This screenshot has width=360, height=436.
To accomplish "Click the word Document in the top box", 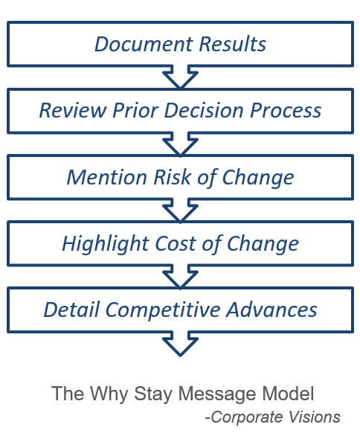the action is [144, 44].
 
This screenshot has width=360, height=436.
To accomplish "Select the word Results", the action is [232, 44].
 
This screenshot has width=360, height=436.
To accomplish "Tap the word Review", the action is [73, 110].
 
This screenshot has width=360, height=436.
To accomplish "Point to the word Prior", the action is [135, 110].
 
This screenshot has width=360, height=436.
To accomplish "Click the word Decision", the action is [204, 110].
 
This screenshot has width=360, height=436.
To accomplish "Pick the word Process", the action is [286, 110].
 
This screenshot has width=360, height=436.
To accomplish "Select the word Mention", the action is [107, 177].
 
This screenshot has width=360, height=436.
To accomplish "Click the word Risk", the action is [172, 177].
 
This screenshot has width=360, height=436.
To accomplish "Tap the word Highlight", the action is [106, 244].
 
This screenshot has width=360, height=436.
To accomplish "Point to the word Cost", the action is [176, 244].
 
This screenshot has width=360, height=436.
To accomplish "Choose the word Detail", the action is [71, 310].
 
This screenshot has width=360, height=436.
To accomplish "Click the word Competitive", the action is [163, 310].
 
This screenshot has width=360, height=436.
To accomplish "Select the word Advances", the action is [271, 310].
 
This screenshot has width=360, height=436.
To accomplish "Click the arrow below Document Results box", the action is [180, 77].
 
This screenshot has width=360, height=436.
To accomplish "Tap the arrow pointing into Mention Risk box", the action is [180, 144].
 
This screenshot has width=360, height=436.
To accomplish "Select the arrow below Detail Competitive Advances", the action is [180, 344].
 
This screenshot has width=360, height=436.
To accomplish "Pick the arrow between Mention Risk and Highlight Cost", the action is [180, 211].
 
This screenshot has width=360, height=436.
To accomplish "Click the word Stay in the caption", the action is [153, 394].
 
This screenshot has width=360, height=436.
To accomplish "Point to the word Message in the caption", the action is [217, 394].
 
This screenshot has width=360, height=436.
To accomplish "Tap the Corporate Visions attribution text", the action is [273, 417].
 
